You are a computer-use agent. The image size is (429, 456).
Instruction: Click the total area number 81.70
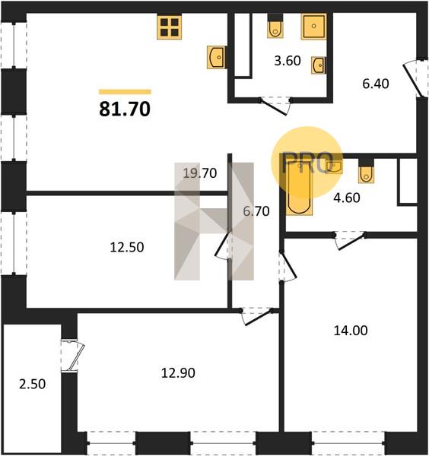(x=125, y=109)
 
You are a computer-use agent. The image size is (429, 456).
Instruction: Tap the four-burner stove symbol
(x=170, y=27)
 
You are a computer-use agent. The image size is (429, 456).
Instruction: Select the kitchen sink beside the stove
(x=216, y=57)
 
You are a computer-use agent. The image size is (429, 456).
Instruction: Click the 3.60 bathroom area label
(x=288, y=61)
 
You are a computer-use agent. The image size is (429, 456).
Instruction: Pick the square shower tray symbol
(x=313, y=27)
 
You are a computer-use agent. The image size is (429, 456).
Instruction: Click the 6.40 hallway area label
(x=376, y=84)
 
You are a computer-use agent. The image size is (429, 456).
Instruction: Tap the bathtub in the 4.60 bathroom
(x=299, y=188)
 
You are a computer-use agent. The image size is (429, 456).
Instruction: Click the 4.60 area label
(x=347, y=198)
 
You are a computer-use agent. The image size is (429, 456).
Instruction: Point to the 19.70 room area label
(x=200, y=173)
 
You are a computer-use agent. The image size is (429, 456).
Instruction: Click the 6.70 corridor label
(x=256, y=211)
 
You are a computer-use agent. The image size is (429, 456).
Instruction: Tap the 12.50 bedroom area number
(x=127, y=248)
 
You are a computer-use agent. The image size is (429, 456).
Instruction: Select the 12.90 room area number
(x=178, y=373)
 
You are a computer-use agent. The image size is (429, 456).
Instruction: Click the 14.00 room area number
(x=351, y=331)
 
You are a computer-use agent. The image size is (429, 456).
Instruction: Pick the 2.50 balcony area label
(x=32, y=384)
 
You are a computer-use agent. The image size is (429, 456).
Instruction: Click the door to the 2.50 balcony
(x=73, y=356)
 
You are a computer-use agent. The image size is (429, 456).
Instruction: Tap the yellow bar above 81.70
(x=125, y=92)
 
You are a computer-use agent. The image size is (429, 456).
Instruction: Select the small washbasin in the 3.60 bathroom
(x=318, y=65)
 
